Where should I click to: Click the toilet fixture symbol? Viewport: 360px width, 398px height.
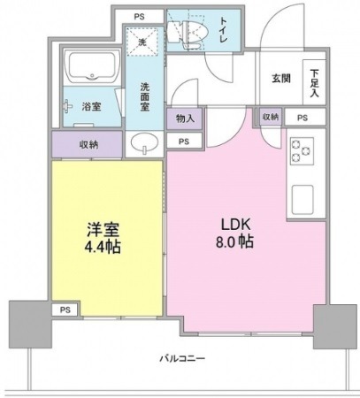point(188,34)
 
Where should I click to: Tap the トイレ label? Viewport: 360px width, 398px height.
point(224,29)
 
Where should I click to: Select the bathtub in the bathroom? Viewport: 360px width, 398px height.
point(92,67)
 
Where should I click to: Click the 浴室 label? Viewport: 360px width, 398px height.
point(91,106)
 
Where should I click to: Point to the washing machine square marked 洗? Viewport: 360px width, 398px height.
point(142,42)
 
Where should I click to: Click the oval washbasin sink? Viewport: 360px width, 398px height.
point(144,143)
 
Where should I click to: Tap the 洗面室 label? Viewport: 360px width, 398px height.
point(145,96)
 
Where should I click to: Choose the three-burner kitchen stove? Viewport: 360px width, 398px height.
point(303,151)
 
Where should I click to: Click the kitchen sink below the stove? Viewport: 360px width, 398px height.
point(303,200)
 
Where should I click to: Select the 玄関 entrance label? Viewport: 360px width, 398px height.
point(281,79)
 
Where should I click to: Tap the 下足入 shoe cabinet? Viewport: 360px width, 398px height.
point(315,82)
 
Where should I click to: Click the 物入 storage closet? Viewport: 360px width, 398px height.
point(185,119)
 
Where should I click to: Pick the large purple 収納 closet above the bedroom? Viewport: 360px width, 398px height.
point(88,144)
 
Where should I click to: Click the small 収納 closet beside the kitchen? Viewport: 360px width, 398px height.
point(271,117)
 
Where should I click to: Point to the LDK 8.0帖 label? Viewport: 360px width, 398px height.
point(235,233)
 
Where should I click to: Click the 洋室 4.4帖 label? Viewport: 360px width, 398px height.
point(103,238)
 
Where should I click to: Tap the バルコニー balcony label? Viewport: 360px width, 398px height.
point(182,359)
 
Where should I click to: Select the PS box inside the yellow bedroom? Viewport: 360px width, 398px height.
point(65,310)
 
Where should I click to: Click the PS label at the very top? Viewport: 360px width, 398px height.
point(140,17)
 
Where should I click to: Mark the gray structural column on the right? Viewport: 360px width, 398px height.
point(335,326)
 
